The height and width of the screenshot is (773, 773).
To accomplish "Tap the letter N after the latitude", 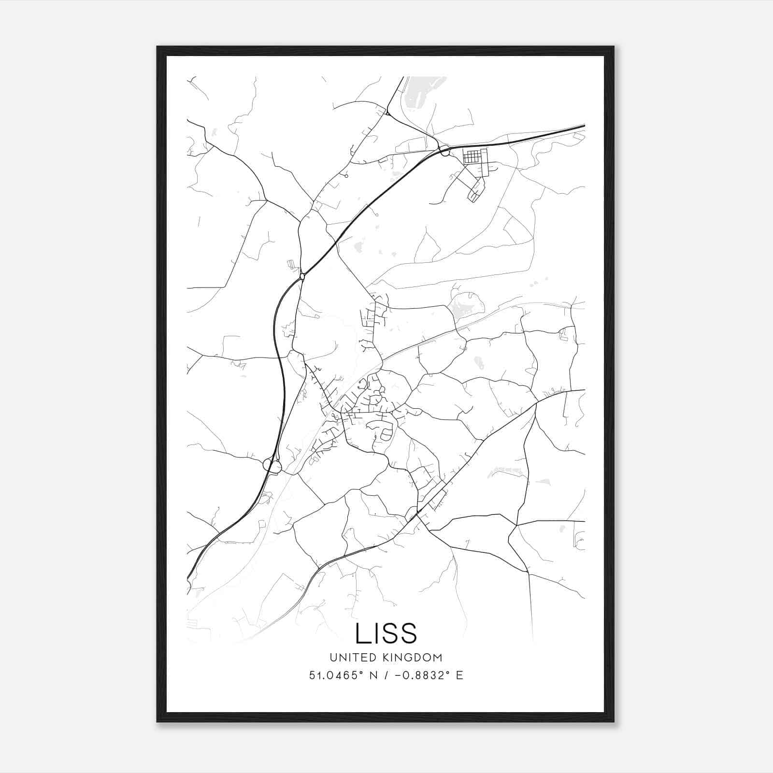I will click(x=372, y=675).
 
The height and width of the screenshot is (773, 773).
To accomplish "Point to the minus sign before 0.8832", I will click(x=398, y=675).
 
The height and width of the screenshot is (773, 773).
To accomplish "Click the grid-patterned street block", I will click(x=472, y=157).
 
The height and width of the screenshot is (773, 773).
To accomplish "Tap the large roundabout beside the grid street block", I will click(x=445, y=152).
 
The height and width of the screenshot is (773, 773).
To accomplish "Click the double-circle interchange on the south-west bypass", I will click(x=272, y=466).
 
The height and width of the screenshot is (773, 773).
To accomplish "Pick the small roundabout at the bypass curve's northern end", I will click(x=302, y=276).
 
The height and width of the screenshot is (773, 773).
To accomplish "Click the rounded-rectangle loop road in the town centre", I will click(x=386, y=435).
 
